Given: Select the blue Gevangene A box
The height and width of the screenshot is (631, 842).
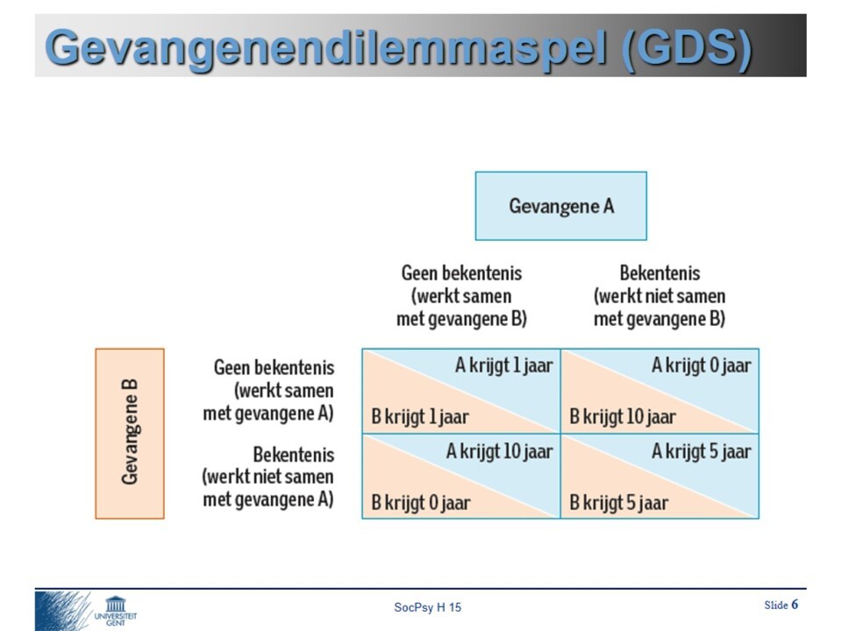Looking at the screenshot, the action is [560, 206].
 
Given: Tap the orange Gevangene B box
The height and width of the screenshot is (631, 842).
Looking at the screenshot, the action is [130, 433].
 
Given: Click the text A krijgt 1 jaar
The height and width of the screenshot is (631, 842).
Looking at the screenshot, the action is [503, 365].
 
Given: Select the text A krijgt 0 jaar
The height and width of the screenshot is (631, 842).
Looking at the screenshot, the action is [701, 365].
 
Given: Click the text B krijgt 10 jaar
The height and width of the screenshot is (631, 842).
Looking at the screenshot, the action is [622, 416].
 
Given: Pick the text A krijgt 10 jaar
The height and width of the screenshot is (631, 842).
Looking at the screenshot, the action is [499, 451].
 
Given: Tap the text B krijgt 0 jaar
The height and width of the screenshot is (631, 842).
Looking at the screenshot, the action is [420, 503].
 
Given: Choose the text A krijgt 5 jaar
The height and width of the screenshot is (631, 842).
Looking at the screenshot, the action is [701, 451].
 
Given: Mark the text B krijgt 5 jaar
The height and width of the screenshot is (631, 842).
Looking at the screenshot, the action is [618, 503].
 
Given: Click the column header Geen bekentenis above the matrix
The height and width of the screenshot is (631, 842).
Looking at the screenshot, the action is [461, 273].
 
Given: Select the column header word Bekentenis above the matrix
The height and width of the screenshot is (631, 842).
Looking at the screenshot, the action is [660, 273].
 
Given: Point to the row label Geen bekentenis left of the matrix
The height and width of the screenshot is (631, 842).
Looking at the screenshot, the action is [274, 366].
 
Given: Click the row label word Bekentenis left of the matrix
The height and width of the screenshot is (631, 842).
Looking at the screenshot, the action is [293, 455].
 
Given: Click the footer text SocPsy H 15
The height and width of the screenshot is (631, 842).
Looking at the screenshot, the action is [427, 607].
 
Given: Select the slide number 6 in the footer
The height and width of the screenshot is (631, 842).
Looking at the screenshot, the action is [795, 604].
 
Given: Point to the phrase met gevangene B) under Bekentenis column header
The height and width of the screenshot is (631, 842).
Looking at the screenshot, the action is [660, 319].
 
